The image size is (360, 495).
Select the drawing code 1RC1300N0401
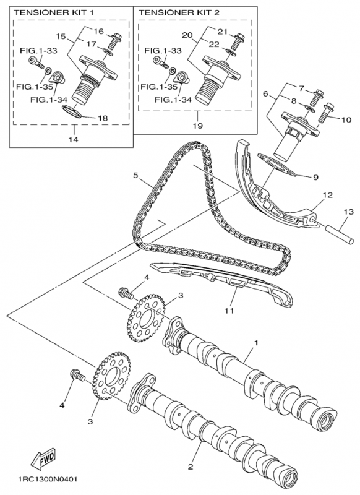pyautogui.click(x=45, y=480)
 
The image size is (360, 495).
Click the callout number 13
pyautogui.click(x=349, y=212)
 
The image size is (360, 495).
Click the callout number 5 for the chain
pyautogui.click(x=135, y=175)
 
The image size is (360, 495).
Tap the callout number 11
pyautogui.click(x=229, y=311)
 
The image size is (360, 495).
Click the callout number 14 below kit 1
pyautogui.click(x=75, y=139)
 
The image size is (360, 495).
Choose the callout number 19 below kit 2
pyautogui.click(x=198, y=126)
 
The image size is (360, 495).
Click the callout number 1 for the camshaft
pyautogui.click(x=257, y=343)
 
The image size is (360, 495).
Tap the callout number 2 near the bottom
pyautogui.click(x=191, y=467)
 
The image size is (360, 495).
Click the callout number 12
pyautogui.click(x=328, y=195)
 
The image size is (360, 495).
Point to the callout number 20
pyautogui.click(x=187, y=35)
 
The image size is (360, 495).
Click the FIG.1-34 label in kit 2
pyautogui.click(x=173, y=100)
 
